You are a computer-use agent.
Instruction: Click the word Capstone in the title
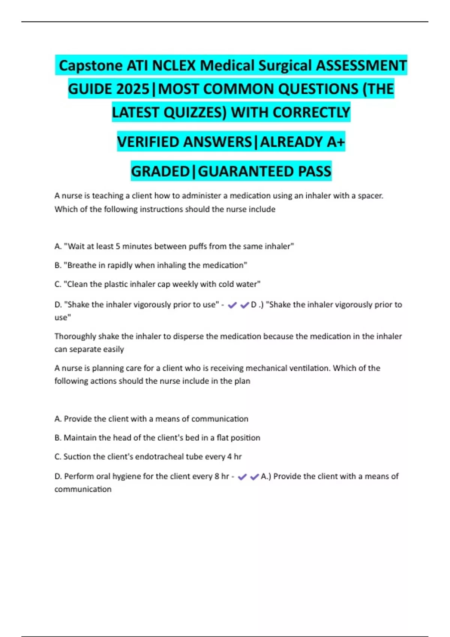coord(90,66)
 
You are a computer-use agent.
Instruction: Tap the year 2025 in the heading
coord(133,89)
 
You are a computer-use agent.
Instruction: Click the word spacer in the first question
coord(370,196)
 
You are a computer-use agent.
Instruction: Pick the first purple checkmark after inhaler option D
coord(232,305)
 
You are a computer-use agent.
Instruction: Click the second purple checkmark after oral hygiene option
coord(255,477)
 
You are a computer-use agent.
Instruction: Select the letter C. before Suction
coord(58,457)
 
